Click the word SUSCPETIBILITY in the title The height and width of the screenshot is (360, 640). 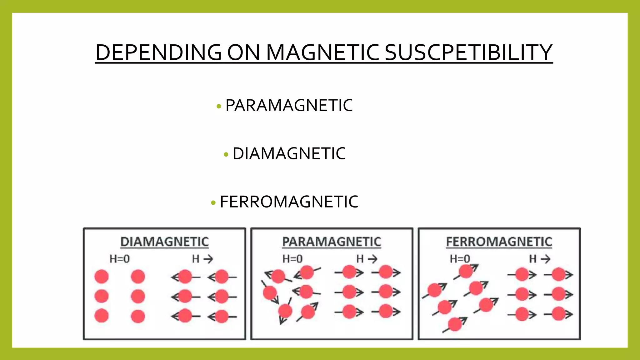pyautogui.click(x=468, y=52)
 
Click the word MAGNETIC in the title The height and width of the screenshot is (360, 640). pyautogui.click(x=322, y=52)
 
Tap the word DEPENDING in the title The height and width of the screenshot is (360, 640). pyautogui.click(x=158, y=52)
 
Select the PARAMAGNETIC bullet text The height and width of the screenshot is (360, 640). pyautogui.click(x=289, y=105)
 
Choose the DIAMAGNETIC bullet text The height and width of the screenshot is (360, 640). pyautogui.click(x=289, y=153)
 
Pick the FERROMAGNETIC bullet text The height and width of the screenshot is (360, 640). pyautogui.click(x=289, y=202)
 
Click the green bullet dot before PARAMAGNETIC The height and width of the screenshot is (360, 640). pyautogui.click(x=219, y=107)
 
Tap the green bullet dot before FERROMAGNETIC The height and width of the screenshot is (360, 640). pyautogui.click(x=213, y=203)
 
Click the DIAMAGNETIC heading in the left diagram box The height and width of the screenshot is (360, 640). pyautogui.click(x=164, y=242)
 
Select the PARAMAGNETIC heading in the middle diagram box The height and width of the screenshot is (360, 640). pyautogui.click(x=332, y=242)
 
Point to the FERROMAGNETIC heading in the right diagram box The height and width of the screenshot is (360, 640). pyautogui.click(x=499, y=242)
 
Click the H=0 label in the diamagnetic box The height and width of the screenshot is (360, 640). pyautogui.click(x=120, y=259)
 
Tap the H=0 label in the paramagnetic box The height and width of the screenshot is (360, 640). pyautogui.click(x=292, y=259)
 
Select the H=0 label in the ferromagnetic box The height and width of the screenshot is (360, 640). pyautogui.click(x=460, y=259)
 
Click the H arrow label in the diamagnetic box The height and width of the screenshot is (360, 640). pyautogui.click(x=202, y=259)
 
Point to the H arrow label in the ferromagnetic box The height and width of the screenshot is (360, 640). pyautogui.click(x=540, y=259)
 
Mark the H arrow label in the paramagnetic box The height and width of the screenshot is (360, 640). pyautogui.click(x=367, y=259)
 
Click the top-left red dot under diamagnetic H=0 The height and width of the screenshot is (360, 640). pyautogui.click(x=102, y=277)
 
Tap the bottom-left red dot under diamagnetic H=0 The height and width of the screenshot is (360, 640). pyautogui.click(x=102, y=316)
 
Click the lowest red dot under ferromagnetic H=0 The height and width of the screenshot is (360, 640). pyautogui.click(x=455, y=324)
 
